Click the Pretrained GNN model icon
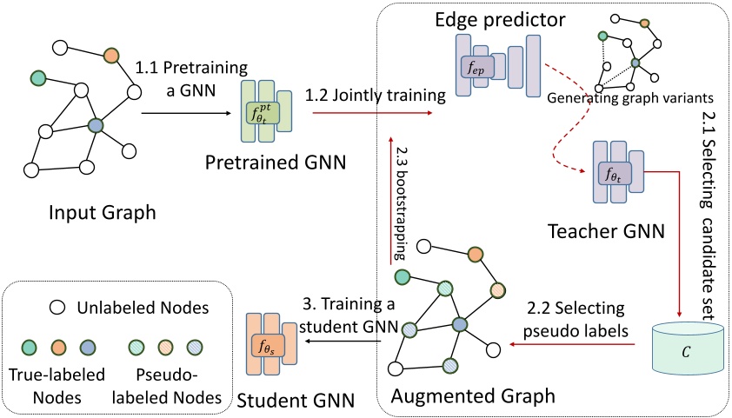267,111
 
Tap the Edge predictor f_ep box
477,68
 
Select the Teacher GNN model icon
618,172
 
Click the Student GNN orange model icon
271,344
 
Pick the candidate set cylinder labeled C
686,349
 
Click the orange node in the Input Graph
111,55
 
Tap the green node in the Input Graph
37,78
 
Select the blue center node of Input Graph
96,125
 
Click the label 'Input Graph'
103,213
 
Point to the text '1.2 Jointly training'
376,96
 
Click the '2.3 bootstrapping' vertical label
400,203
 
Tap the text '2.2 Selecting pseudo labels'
576,320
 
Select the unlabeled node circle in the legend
57,308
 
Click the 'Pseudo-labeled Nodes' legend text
167,386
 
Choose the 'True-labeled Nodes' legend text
57,386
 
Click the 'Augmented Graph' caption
473,396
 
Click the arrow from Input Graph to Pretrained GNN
187,113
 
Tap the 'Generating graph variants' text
630,98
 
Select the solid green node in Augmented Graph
402,277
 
